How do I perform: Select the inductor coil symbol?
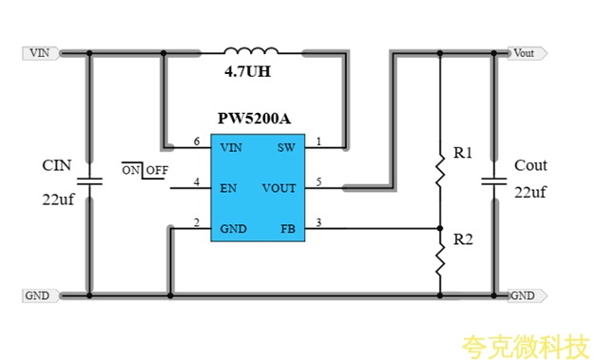[251, 50]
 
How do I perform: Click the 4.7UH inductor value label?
[250, 72]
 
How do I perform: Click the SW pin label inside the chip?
[286, 148]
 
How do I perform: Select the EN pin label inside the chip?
[228, 188]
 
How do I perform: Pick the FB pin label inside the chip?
[288, 229]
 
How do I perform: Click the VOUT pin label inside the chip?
[279, 188]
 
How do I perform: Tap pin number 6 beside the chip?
[197, 142]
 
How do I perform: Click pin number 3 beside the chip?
[318, 223]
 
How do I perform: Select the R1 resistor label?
[463, 152]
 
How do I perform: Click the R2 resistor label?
[463, 239]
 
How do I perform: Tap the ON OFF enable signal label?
[144, 171]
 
